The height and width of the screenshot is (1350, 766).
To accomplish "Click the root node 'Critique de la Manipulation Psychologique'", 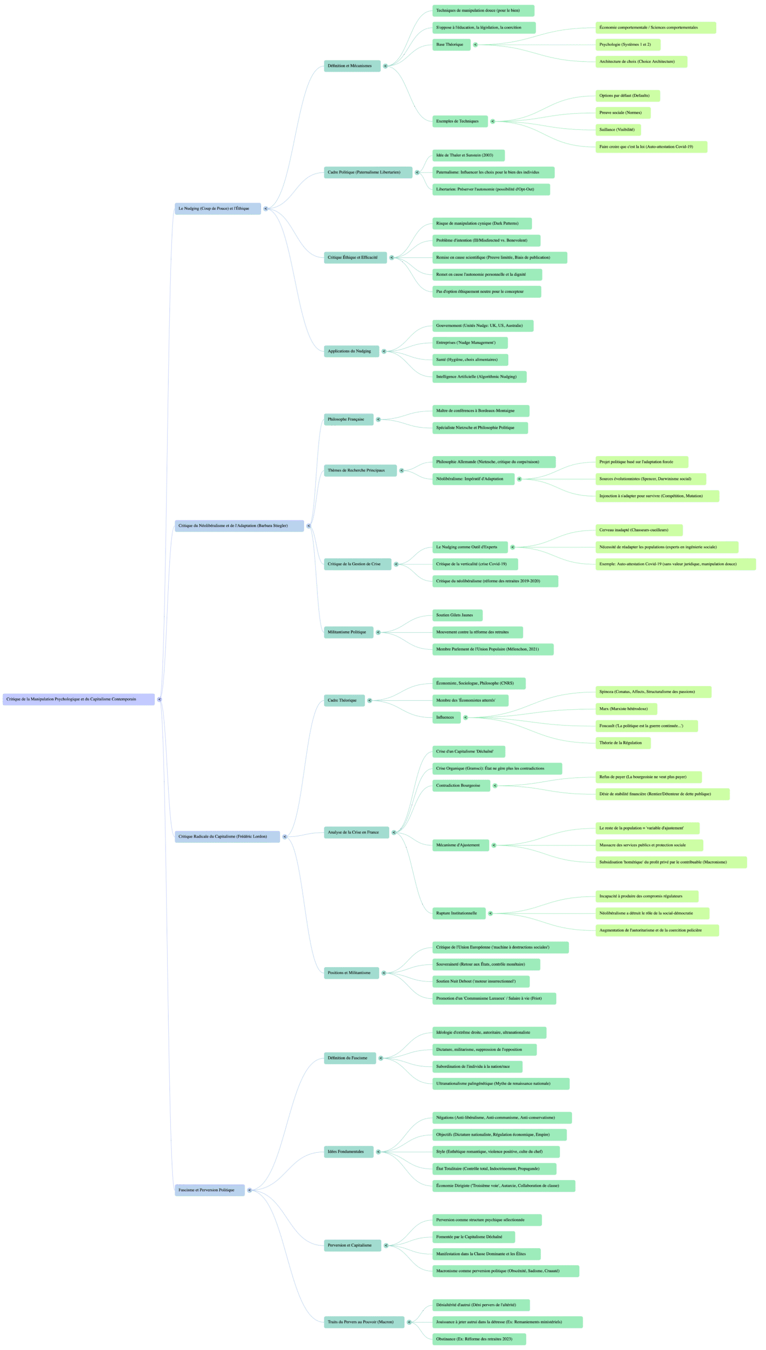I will [x=78, y=699].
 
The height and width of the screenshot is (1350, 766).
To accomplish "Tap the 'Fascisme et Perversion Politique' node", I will [x=209, y=1190].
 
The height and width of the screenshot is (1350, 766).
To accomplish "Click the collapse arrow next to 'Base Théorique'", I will [x=476, y=45].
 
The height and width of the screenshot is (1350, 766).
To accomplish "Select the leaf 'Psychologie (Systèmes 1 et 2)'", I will [x=627, y=45].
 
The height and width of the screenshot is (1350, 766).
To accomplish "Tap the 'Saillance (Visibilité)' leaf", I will [x=618, y=130].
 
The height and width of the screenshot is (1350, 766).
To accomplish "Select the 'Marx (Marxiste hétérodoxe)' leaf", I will [x=626, y=709].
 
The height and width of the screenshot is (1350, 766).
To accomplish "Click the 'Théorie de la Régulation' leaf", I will [x=623, y=743].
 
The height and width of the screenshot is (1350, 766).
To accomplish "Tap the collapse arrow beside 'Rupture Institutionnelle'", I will [x=491, y=913].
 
